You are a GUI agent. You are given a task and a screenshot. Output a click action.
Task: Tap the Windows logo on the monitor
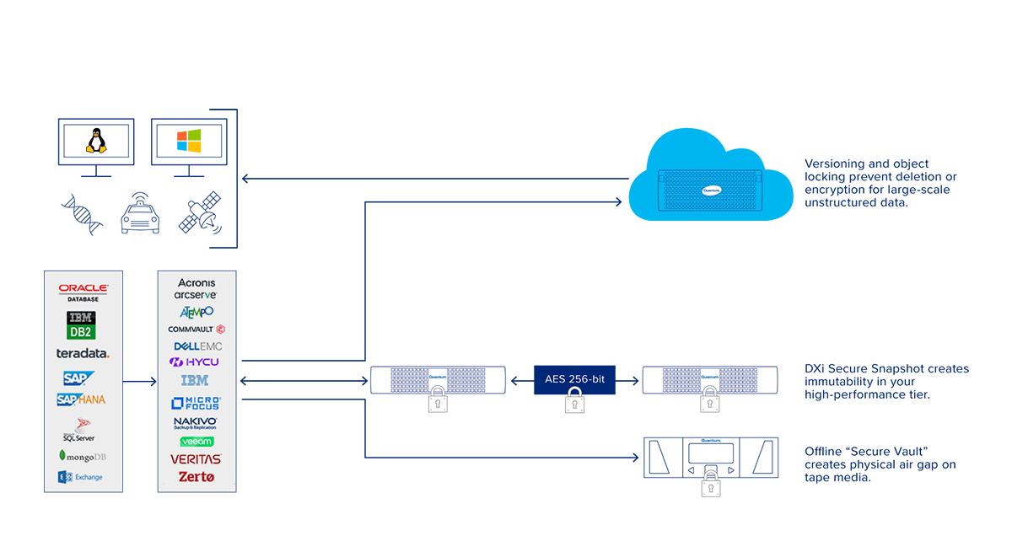[189, 141]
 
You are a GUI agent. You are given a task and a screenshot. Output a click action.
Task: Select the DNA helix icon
[83, 215]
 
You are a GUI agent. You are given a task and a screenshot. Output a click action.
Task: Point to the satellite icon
[199, 216]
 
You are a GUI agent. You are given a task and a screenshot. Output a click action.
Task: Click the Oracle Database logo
[83, 292]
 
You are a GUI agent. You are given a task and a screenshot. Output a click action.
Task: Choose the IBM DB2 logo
[82, 324]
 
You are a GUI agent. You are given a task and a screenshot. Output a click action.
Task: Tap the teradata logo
[83, 353]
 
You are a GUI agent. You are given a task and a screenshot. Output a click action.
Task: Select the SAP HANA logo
[81, 399]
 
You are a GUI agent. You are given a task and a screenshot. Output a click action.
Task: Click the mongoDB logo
[83, 455]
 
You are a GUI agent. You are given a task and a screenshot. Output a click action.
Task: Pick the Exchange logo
[81, 477]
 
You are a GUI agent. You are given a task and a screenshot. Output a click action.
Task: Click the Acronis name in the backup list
[196, 283]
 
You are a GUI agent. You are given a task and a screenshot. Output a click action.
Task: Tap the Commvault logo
[196, 329]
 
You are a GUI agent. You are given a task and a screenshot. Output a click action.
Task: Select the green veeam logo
[196, 441]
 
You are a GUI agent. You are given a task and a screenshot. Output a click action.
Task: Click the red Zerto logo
[196, 476]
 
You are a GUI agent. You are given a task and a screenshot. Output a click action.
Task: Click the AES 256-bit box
[575, 379]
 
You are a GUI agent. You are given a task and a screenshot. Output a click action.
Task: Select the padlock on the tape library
[711, 485]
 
